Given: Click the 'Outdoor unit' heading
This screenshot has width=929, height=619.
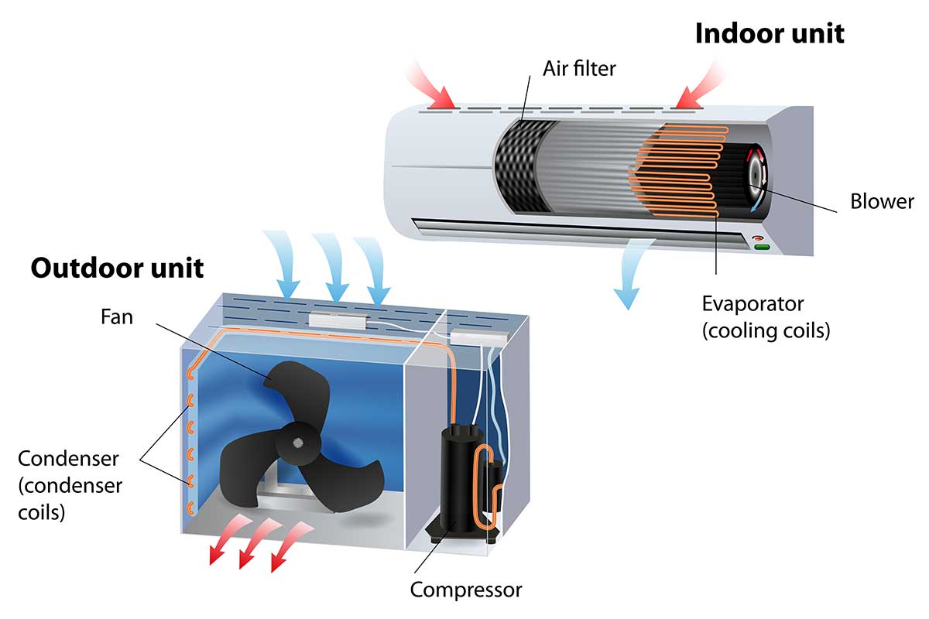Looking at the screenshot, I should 117,268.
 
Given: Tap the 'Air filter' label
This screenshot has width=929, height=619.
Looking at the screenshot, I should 579,68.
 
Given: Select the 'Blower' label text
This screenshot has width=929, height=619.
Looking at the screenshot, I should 882,202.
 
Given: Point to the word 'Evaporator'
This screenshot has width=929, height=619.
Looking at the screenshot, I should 752,303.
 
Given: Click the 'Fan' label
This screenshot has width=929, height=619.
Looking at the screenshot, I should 116,317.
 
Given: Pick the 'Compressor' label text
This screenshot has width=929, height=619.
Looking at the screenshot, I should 466,590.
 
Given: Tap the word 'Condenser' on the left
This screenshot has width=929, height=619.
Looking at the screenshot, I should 68,458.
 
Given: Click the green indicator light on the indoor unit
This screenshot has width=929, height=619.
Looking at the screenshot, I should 763,247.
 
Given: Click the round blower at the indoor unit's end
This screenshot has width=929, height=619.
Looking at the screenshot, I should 756,175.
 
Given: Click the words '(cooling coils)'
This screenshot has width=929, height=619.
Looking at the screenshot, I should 766,330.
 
